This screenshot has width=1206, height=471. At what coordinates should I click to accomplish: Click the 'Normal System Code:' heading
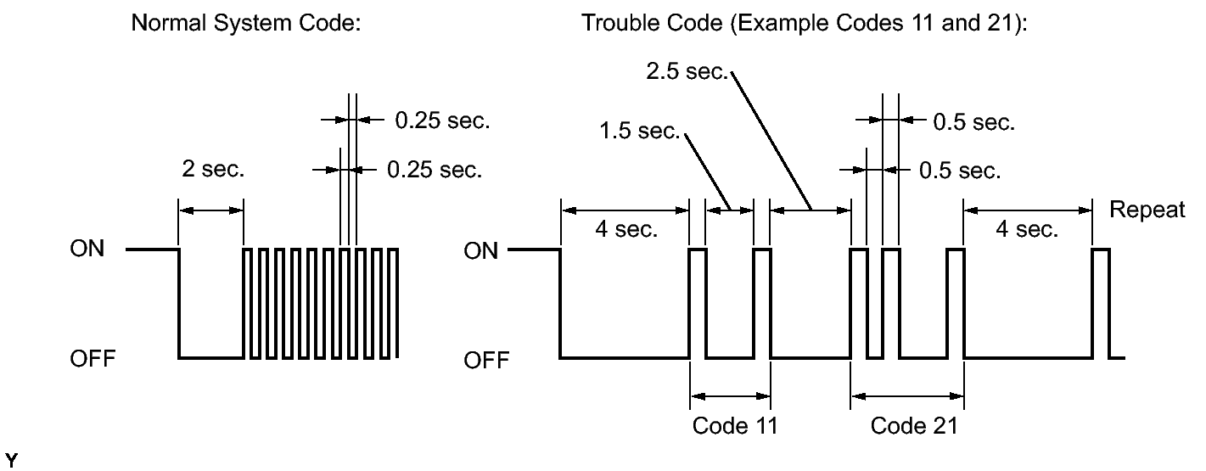coord(246,23)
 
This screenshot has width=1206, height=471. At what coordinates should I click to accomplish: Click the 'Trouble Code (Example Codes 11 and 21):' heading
coord(805,23)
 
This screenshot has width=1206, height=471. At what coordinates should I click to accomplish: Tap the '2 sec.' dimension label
coord(213,169)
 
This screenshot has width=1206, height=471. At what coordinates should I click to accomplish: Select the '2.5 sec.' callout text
coord(687,71)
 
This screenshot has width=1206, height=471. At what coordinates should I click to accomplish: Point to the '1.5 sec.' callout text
coord(640,131)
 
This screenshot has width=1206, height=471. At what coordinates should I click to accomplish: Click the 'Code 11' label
coord(735,426)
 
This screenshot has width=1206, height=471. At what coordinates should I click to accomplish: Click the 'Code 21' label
coord(914,426)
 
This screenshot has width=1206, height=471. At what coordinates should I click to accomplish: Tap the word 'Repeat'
coord(1147,210)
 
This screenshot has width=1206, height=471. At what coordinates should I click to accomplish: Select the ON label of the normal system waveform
coord(87,249)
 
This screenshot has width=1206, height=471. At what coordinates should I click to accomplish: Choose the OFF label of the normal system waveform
coord(93,358)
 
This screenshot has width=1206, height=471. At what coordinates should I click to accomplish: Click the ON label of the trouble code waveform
coord(480,251)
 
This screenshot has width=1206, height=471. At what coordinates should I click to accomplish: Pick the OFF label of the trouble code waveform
coord(486,360)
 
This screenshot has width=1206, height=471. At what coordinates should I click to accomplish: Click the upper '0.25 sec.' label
coord(442,121)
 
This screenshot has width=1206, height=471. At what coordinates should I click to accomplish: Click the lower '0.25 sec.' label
coord(435,170)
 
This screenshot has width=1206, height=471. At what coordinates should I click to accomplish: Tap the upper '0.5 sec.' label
coord(974,123)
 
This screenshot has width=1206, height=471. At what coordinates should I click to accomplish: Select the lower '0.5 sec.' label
coord(960,171)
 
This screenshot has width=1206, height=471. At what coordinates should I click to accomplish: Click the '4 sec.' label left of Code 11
coord(626,229)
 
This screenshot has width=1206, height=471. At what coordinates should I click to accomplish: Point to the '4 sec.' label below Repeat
coord(1027,229)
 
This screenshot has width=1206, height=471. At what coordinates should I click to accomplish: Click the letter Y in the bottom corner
coord(11,461)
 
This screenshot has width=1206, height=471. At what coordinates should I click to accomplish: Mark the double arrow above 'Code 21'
coord(907,396)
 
